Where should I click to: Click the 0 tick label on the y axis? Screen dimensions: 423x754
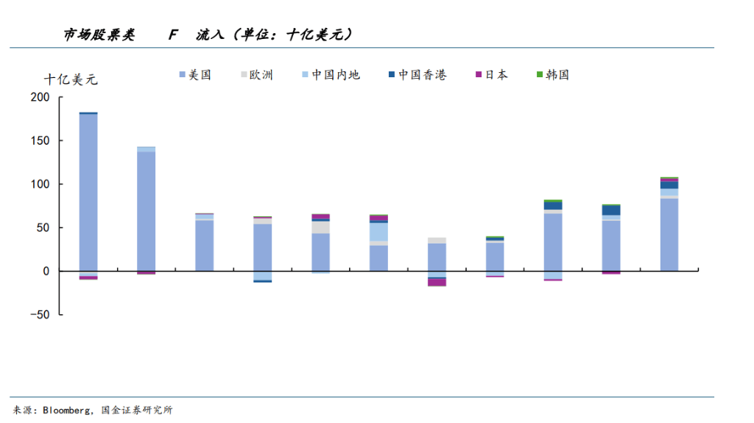coord(46,271)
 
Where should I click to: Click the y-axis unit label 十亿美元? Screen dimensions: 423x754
coord(71,79)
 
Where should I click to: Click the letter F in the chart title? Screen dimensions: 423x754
coord(173,35)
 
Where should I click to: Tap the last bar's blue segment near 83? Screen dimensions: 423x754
coord(669,235)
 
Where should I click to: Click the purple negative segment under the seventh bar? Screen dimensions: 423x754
coord(437,282)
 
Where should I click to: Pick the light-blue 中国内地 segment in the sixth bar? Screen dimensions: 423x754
coord(378,232)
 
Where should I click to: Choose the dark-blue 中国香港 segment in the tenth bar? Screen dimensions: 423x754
coord(611,210)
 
